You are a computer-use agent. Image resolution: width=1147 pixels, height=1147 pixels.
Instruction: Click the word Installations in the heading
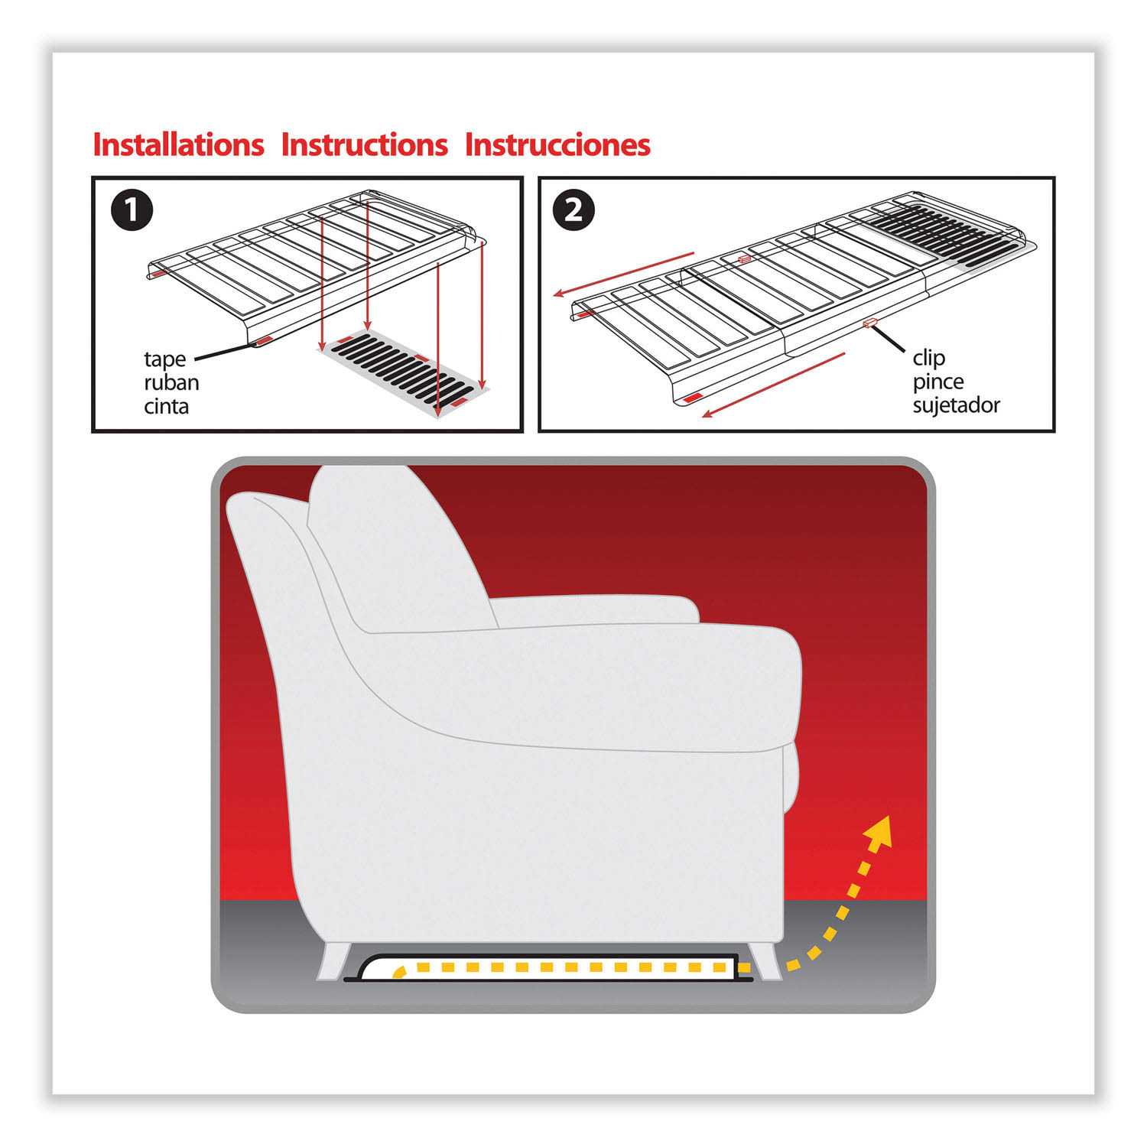pos(178,145)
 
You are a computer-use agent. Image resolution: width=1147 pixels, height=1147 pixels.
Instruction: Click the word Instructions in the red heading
pos(364,145)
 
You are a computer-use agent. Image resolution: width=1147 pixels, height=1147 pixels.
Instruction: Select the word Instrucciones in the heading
pos(557,145)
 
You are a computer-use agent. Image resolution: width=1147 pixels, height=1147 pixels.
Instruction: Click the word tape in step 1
pos(164,359)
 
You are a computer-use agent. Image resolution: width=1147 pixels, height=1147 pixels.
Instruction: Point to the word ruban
pos(171,382)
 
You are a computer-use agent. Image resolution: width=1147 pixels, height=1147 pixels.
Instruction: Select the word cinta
pos(166,405)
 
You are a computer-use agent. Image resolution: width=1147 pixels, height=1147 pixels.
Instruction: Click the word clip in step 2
pos(928,358)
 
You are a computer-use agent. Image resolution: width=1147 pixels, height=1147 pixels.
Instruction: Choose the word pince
pos(937,381)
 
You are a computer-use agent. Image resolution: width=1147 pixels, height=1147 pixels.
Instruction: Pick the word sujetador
pos(956,405)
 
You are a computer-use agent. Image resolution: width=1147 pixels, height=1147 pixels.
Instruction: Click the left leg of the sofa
pos(334,959)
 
